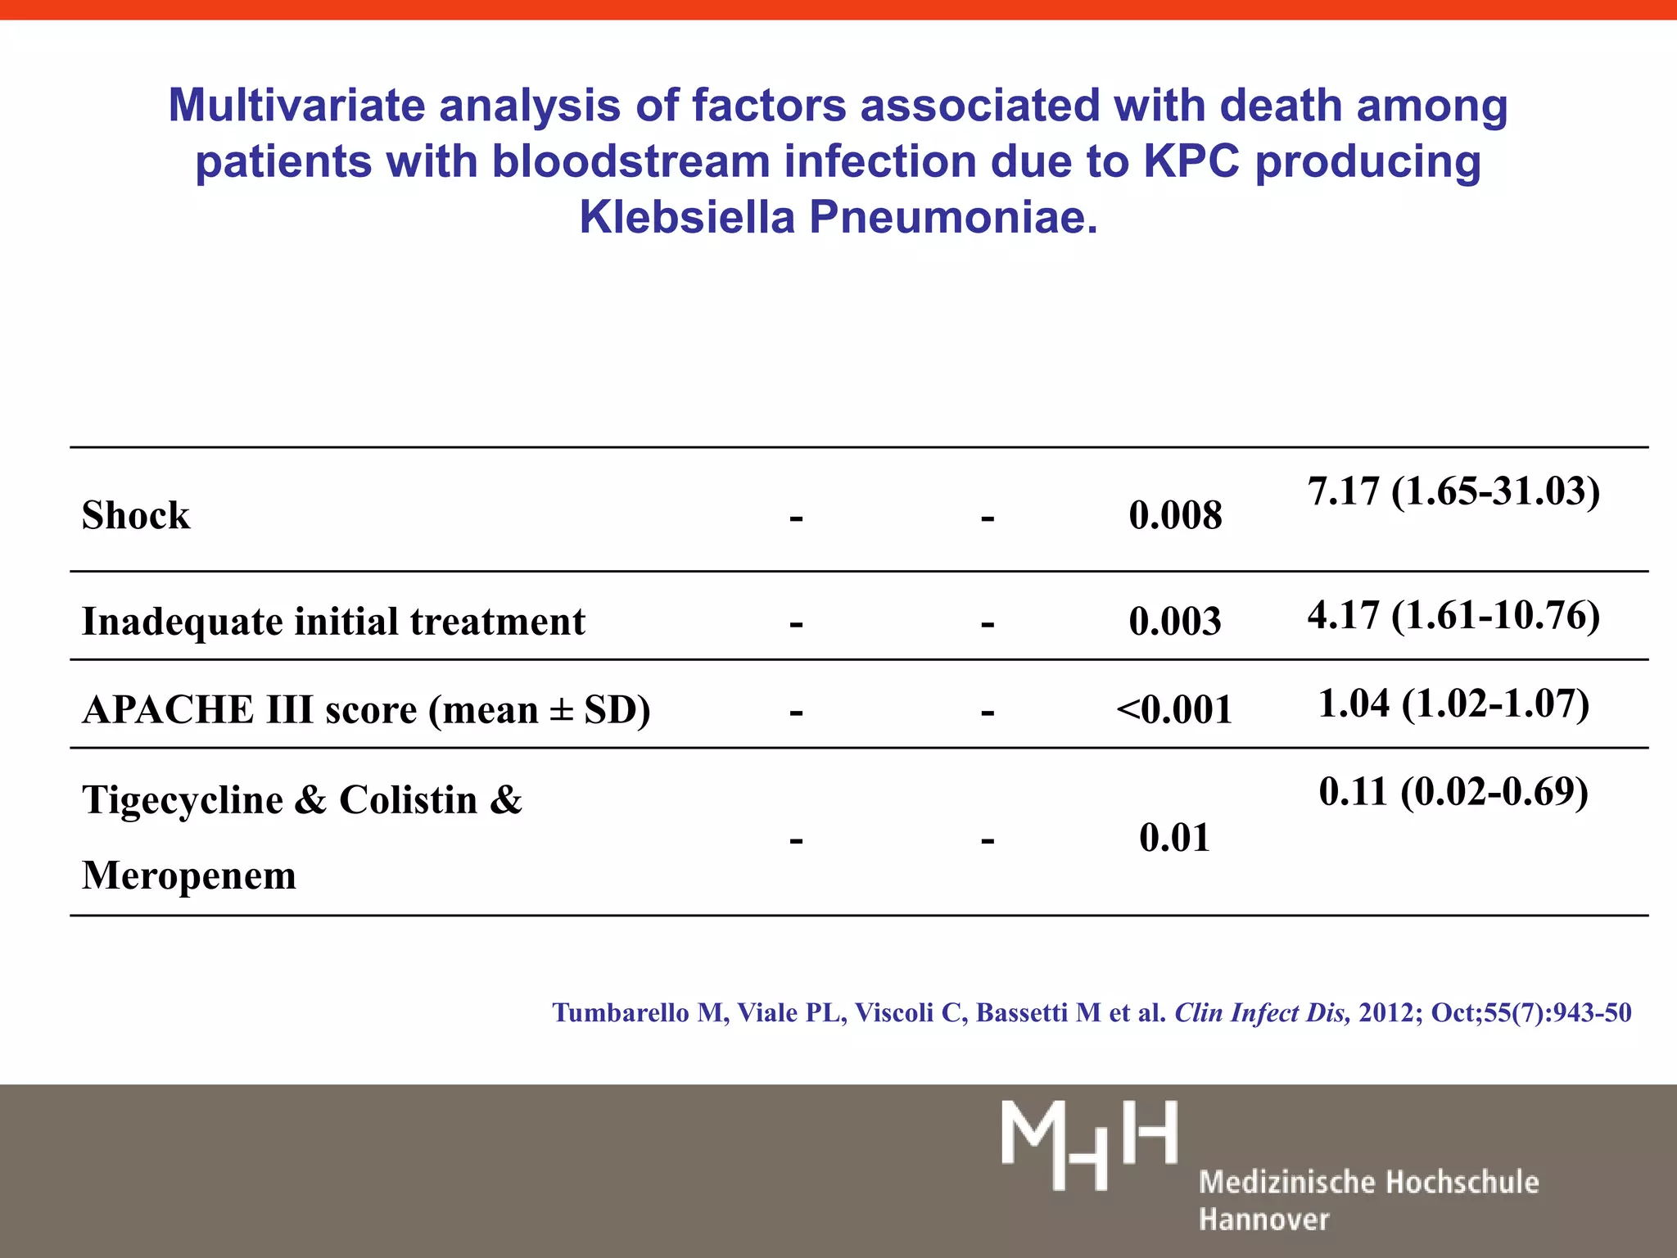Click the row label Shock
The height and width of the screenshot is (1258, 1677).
[136, 516]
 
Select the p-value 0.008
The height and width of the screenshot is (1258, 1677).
[1175, 516]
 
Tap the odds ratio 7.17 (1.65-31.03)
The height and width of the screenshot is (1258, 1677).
[1453, 491]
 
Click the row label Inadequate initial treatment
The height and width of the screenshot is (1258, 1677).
[333, 622]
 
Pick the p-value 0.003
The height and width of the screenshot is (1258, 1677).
[1175, 622]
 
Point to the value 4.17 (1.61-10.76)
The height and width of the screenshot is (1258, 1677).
[1453, 615]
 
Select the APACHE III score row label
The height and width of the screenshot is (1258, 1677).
[366, 709]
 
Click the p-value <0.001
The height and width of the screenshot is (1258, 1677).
[1174, 709]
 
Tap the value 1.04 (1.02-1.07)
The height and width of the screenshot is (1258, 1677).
[1453, 704]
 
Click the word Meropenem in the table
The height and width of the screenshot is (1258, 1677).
[189, 876]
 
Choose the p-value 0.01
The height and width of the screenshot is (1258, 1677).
[1174, 838]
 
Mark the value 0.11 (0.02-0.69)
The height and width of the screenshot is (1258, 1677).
[1453, 791]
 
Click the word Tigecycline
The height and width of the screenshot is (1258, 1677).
[182, 800]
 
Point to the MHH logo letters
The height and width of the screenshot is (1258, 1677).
[1089, 1144]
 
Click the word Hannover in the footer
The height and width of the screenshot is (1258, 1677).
[1263, 1220]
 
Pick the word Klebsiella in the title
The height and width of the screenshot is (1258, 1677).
[687, 218]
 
